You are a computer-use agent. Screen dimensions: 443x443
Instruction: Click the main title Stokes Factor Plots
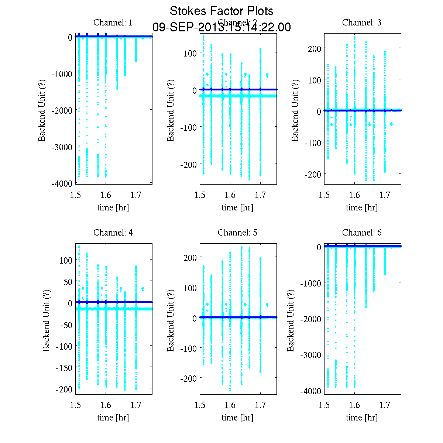click(x=221, y=11)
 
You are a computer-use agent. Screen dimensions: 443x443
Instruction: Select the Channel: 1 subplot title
click(x=113, y=23)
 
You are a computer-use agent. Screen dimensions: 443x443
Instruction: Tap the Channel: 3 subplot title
click(x=362, y=23)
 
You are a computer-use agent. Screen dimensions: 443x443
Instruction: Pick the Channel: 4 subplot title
click(x=113, y=233)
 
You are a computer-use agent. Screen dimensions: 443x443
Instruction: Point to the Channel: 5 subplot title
click(x=237, y=233)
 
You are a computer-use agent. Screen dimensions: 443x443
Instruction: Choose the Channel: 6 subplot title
click(x=362, y=233)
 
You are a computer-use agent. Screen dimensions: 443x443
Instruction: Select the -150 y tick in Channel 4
click(x=64, y=368)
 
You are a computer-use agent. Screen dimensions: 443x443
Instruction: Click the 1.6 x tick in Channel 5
click(x=230, y=405)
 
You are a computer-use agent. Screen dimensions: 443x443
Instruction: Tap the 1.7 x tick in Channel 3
click(x=385, y=195)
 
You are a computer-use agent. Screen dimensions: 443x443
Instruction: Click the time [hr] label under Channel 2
click(x=237, y=208)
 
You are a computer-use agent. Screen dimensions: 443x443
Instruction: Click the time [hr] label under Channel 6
click(x=362, y=418)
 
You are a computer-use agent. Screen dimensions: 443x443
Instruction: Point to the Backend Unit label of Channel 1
click(x=42, y=110)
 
